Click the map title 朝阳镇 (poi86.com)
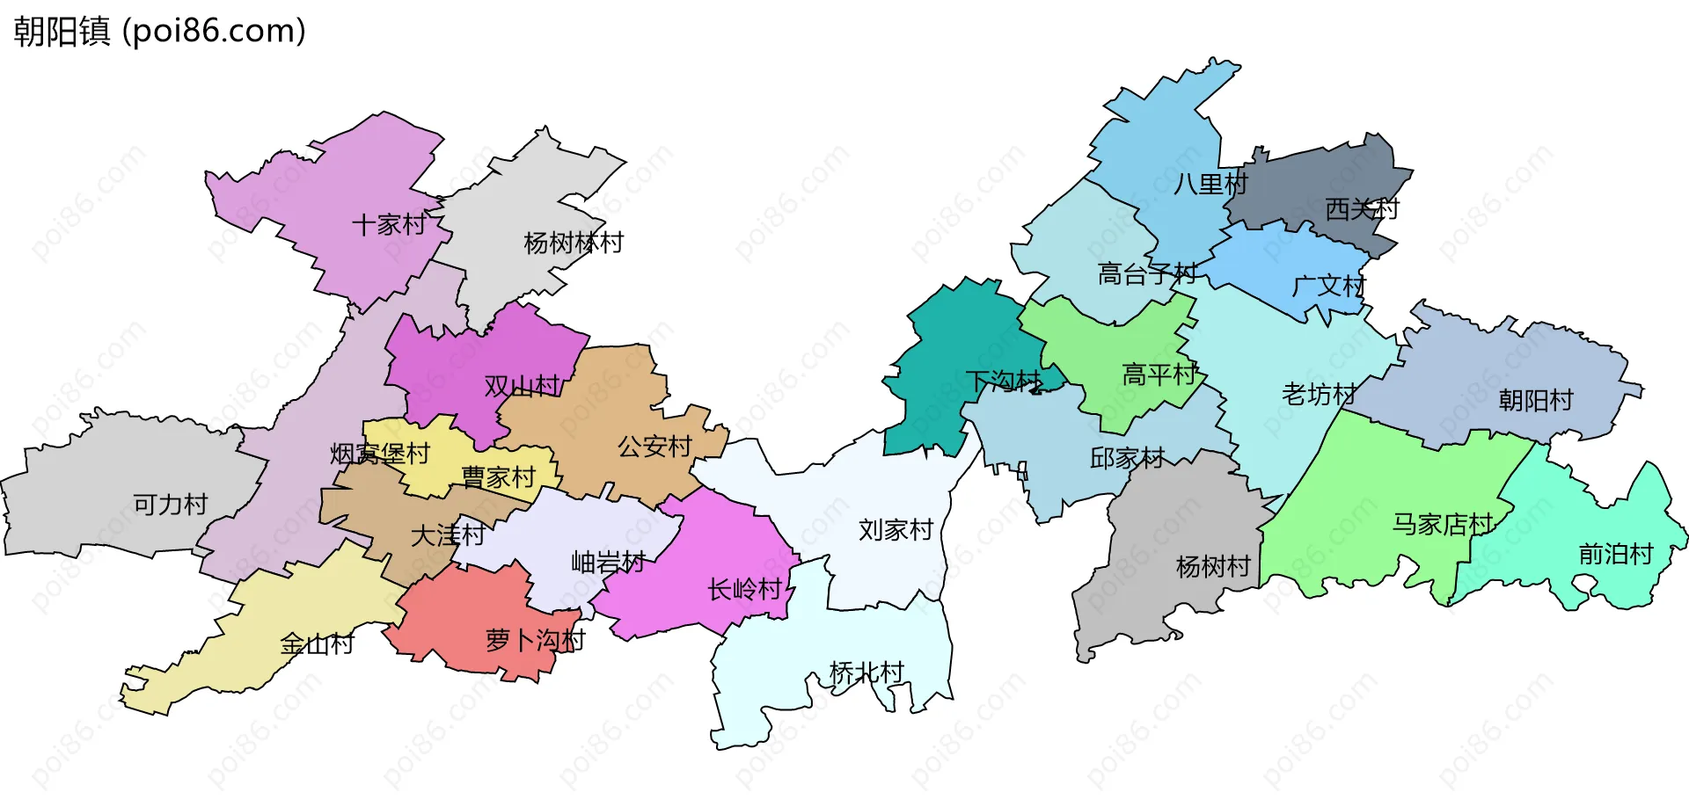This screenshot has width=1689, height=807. click(x=159, y=32)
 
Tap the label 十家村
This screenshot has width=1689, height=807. click(x=389, y=225)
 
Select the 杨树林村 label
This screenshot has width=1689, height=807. click(x=574, y=243)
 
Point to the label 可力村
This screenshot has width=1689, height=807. click(x=171, y=505)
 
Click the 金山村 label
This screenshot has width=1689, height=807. click(x=317, y=644)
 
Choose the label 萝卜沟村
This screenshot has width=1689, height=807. click(x=535, y=640)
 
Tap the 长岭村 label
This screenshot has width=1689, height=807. click(x=744, y=589)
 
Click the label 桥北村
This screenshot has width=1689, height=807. click(x=866, y=673)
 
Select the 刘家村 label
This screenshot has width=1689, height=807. click(x=896, y=530)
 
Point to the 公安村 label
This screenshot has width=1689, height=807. click(x=654, y=447)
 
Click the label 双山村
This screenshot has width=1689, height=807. click(x=522, y=386)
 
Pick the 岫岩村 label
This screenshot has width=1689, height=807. click(x=608, y=562)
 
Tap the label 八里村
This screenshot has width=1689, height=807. click(x=1210, y=185)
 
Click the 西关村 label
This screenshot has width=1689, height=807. click(x=1362, y=209)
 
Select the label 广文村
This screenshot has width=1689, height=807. click(x=1328, y=286)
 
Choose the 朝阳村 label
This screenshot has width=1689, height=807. click(x=1536, y=401)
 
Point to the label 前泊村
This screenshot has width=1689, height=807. click(x=1616, y=554)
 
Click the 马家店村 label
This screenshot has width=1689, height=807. click(x=1443, y=525)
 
